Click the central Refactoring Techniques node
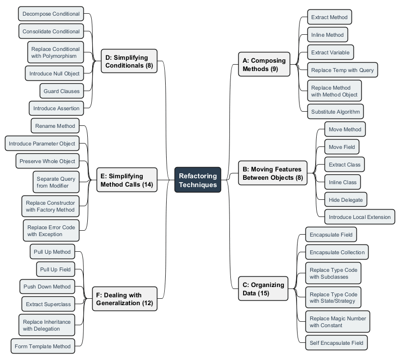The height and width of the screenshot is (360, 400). [x=198, y=180]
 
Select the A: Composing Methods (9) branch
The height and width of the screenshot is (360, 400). [x=264, y=65]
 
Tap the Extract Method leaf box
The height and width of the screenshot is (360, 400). [x=329, y=17]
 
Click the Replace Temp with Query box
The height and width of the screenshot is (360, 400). [x=342, y=70]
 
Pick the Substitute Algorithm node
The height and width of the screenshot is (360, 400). [x=335, y=112]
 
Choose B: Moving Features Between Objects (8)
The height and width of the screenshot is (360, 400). [x=273, y=173]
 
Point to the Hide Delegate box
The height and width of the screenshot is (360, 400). [x=346, y=199]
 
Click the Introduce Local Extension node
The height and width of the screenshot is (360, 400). [x=359, y=217]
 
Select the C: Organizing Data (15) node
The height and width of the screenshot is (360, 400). [x=263, y=289]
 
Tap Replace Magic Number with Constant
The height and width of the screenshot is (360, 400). [x=338, y=322]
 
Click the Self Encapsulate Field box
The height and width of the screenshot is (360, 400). [x=336, y=343]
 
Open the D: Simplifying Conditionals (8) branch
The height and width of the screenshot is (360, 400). [x=129, y=61]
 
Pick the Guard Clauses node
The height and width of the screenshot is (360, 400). [x=61, y=91]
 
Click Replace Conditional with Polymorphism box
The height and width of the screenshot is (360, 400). [x=55, y=52]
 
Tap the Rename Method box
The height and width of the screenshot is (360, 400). [x=55, y=126]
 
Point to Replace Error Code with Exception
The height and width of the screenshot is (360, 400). [x=51, y=231]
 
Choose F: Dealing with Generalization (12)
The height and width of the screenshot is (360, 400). [x=125, y=299]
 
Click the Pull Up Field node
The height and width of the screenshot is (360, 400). [x=55, y=269]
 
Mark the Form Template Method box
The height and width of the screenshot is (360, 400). [x=43, y=346]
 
